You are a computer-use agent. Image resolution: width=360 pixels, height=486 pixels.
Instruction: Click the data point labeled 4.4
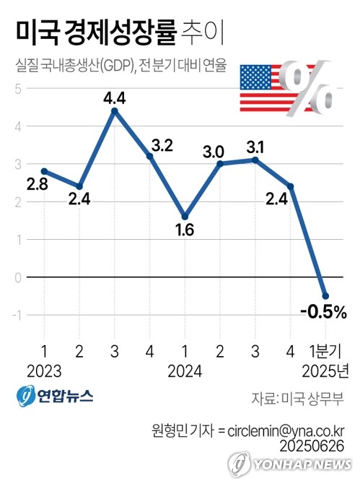point(115,111)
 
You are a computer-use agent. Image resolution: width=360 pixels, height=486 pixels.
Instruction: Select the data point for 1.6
point(185,217)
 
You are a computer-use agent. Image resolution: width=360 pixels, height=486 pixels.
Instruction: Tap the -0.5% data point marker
point(325,296)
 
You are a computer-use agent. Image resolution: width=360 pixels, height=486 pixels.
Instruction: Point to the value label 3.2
point(162,146)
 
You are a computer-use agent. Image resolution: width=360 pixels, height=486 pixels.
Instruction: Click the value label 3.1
point(255,147)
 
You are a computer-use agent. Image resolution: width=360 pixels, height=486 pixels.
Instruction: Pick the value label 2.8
point(37,184)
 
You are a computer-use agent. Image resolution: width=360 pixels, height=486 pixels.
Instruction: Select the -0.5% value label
point(323,312)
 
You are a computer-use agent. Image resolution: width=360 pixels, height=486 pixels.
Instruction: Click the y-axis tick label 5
point(18,89)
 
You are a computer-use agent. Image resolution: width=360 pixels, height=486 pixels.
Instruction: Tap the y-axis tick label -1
point(17,316)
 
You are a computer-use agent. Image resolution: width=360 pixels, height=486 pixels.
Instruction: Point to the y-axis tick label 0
point(18,278)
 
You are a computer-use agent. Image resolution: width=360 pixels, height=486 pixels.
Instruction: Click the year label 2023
point(44,371)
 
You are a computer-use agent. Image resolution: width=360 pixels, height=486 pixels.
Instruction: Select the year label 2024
point(185,371)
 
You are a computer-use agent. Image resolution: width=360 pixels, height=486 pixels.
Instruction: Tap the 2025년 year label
point(325,371)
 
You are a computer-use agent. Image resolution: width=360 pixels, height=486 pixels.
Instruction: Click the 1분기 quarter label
point(325,352)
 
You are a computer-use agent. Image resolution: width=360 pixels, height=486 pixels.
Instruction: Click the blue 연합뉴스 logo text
point(66,396)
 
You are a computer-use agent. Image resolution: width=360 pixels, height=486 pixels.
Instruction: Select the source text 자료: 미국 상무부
point(297,399)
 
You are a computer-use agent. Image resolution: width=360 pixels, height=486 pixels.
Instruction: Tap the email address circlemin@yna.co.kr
point(286,431)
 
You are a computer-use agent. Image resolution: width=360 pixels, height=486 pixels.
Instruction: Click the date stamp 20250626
point(312,446)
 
